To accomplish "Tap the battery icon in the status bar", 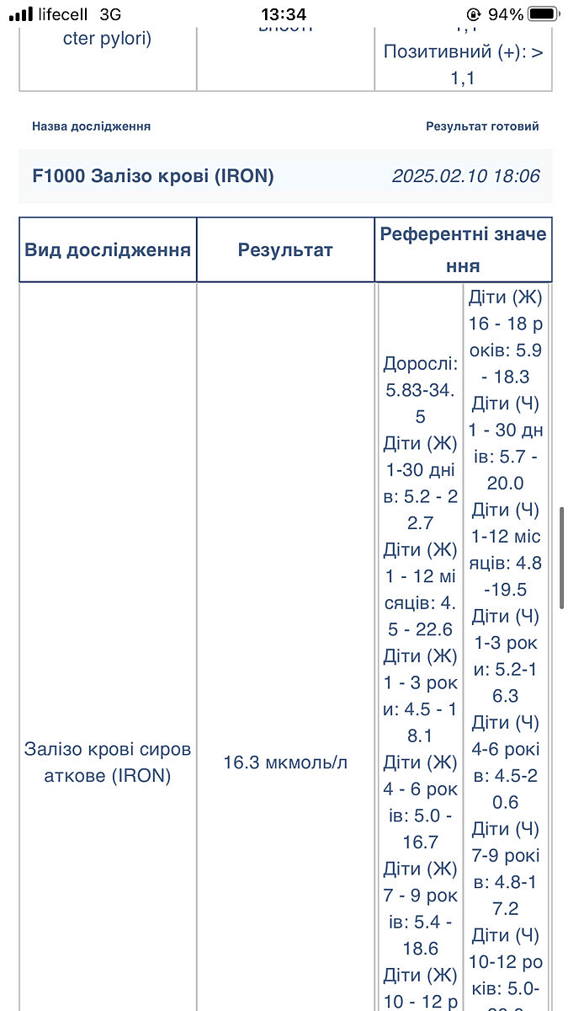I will [544, 14].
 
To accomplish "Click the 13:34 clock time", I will [284, 14].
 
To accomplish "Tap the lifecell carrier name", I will [64, 14].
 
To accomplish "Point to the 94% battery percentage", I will [506, 14].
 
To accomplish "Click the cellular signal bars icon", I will [21, 14].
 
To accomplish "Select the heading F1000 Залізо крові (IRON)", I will [153, 176].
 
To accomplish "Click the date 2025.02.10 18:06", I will [465, 176].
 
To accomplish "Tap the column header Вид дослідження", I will [108, 250].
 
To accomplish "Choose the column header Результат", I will [285, 250].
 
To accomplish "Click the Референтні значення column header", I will [463, 249].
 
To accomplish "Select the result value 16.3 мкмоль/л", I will [285, 762].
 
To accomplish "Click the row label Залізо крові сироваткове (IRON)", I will [108, 762].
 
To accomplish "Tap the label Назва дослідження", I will [91, 126].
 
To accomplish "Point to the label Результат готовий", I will [482, 126].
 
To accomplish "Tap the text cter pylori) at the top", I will [108, 39].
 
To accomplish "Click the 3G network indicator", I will [109, 14].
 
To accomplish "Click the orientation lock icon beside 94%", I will [474, 14].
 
